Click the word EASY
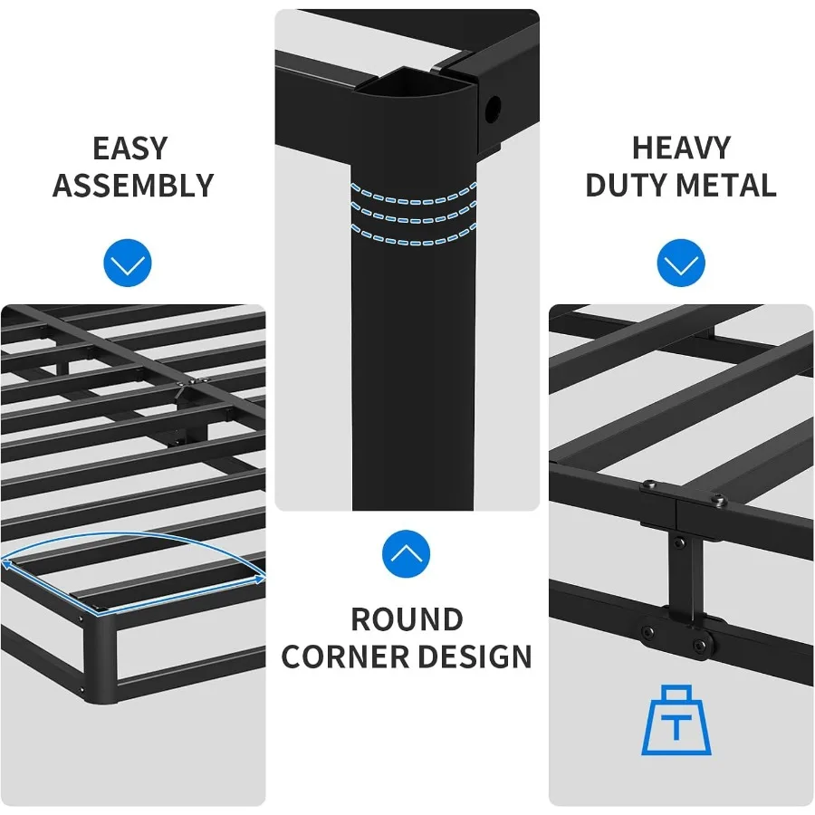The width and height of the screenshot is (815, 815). coord(130,148)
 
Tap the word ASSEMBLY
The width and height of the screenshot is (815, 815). coord(133,186)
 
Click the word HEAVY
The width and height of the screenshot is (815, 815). coord(681,148)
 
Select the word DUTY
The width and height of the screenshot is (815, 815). coord(626,186)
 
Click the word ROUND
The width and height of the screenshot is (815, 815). coord(407,620)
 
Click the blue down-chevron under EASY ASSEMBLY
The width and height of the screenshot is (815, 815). coord(128,264)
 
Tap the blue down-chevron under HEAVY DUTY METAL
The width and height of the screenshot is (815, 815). coord(681,264)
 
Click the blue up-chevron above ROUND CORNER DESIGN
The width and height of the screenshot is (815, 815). coord(407,553)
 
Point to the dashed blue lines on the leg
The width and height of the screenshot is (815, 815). coord(413,214)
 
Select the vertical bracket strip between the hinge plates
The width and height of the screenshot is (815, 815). coord(680,570)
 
